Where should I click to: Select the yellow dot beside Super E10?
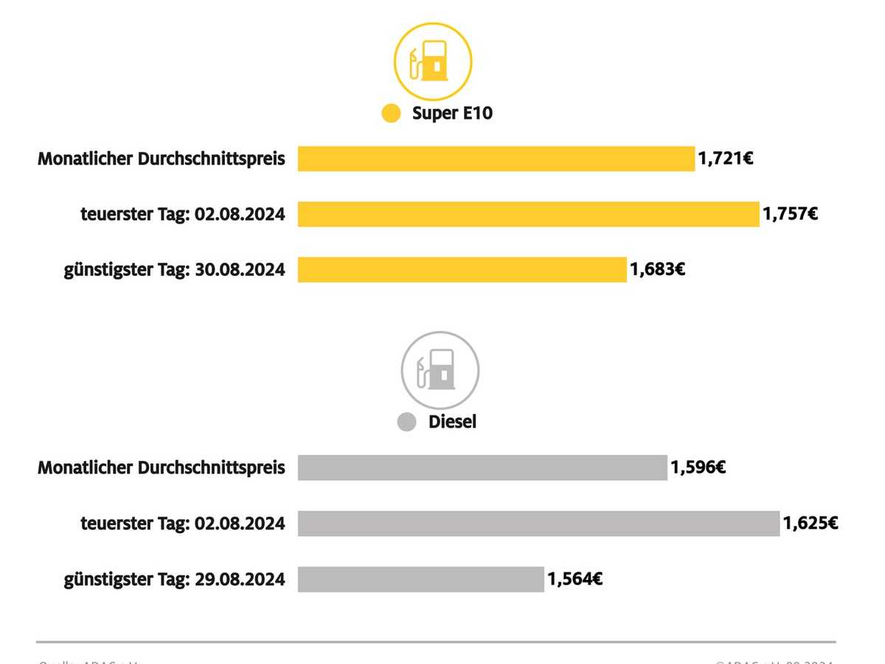pos(391,114)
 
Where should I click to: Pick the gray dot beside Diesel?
pos(407,423)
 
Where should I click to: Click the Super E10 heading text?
pos(452,114)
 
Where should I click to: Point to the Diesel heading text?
pos(452,422)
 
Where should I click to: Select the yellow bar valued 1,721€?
pos(496,159)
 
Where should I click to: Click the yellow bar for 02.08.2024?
pos(528,214)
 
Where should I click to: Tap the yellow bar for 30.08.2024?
pos(462,269)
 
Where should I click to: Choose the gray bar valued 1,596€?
pos(482,468)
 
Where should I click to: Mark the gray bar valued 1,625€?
pos(538,523)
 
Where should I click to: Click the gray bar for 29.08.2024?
pos(420,579)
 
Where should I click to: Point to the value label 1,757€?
pos(790,214)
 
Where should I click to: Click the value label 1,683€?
pos(657,269)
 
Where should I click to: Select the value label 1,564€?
pos(575,579)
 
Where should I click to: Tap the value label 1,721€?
pos(725,159)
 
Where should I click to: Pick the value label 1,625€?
pos(811,523)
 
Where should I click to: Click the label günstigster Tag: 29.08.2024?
pos(174,579)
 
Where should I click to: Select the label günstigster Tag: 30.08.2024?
pos(174,269)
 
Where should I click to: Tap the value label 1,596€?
pos(698,468)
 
